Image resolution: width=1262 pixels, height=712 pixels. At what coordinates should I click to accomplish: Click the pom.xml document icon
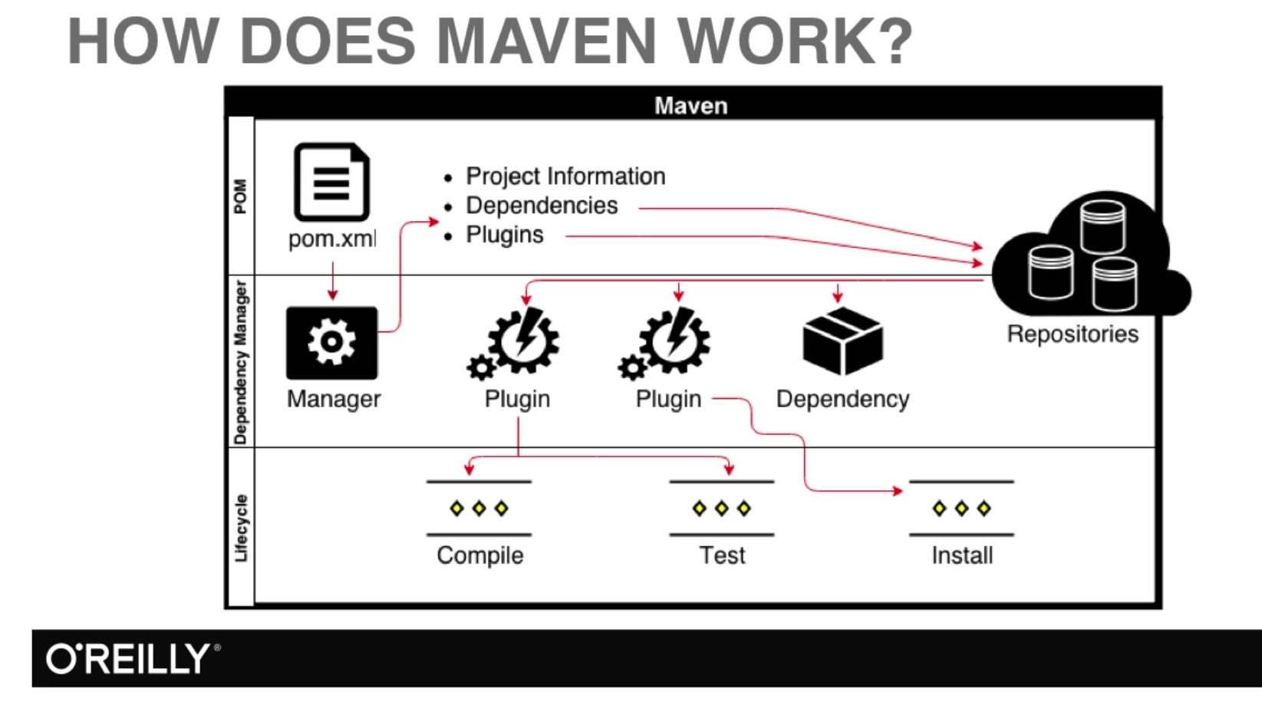(x=331, y=183)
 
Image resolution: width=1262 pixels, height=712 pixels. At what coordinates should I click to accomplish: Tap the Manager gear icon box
(x=331, y=343)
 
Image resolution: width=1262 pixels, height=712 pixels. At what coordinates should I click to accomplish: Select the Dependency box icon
(x=842, y=341)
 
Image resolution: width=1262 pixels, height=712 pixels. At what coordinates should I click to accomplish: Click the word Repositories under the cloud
(x=1072, y=334)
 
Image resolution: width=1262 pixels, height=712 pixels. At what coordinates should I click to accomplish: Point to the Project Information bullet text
(x=565, y=176)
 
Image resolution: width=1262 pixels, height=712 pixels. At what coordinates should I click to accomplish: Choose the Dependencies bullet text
(x=542, y=206)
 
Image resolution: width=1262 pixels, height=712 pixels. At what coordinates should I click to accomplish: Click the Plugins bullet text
(x=504, y=235)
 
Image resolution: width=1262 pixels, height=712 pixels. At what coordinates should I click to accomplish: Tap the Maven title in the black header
(x=690, y=105)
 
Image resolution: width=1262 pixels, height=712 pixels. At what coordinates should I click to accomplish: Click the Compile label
(x=479, y=555)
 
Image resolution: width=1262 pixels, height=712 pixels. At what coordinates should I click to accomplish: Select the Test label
(x=721, y=555)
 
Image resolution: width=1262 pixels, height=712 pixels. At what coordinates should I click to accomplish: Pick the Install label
(x=961, y=555)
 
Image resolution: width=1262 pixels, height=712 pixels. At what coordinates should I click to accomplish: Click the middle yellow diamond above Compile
(x=479, y=508)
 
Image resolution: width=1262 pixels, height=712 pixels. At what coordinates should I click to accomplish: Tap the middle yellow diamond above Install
(x=961, y=508)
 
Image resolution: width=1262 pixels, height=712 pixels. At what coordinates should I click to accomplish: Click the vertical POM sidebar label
(x=241, y=196)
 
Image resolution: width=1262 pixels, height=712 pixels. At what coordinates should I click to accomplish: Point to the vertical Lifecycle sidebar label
(x=241, y=528)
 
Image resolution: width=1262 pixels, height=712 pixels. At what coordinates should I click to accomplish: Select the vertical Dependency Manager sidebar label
(x=241, y=361)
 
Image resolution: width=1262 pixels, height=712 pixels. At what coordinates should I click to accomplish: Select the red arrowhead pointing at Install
(x=898, y=490)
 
